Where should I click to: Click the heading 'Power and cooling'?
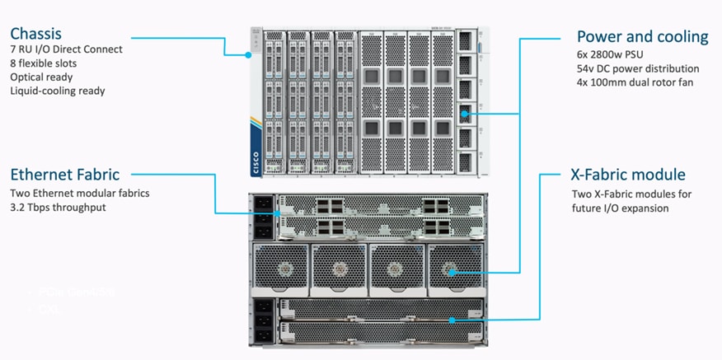(641, 36)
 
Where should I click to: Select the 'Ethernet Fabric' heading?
(65, 174)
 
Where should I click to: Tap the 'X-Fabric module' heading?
(628, 175)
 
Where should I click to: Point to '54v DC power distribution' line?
(638, 69)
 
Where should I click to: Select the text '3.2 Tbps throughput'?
(59, 207)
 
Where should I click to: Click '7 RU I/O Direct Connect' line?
(66, 49)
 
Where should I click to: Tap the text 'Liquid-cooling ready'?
(58, 91)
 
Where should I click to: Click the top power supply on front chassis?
(466, 40)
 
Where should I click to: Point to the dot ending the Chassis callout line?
(248, 55)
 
